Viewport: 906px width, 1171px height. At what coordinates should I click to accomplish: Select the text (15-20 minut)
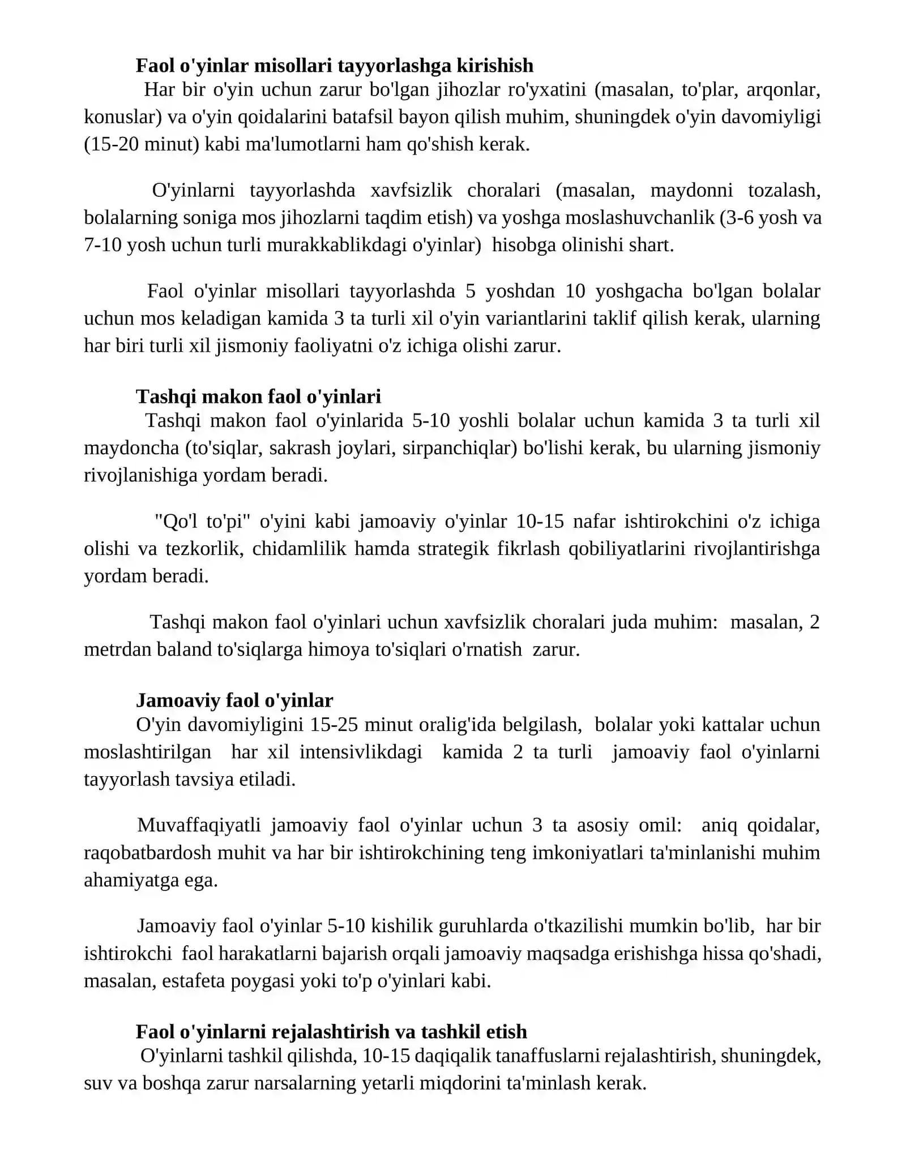[x=142, y=144]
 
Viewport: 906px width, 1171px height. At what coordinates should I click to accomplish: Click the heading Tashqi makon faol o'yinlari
[x=258, y=397]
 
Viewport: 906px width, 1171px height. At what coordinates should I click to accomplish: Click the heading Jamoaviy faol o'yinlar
[x=234, y=700]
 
